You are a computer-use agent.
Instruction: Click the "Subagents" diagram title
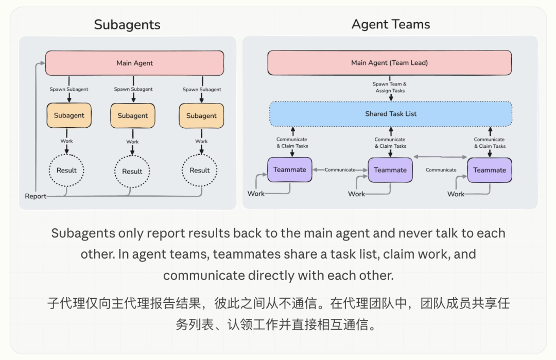click(x=127, y=25)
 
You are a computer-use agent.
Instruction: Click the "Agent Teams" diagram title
click(x=391, y=24)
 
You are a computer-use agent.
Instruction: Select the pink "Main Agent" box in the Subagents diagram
click(x=134, y=63)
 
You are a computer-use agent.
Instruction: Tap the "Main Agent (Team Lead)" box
click(x=389, y=63)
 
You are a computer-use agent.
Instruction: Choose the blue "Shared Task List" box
click(x=391, y=114)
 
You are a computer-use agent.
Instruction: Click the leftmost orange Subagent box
click(x=69, y=116)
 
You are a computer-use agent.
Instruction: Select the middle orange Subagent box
click(x=132, y=116)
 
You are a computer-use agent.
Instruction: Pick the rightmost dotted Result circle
click(x=200, y=170)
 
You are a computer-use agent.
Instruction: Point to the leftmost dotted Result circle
click(x=66, y=170)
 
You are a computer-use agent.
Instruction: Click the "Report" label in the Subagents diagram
click(x=36, y=196)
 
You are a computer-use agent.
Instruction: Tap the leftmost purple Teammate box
click(x=290, y=170)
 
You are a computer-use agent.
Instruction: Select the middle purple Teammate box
click(x=390, y=170)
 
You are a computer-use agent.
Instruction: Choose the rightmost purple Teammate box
click(x=490, y=170)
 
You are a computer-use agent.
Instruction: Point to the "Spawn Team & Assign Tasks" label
click(x=390, y=88)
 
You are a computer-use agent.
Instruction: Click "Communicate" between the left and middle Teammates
click(x=340, y=170)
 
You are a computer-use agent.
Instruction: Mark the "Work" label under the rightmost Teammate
click(x=456, y=194)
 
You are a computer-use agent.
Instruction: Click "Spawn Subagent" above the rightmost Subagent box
click(x=202, y=90)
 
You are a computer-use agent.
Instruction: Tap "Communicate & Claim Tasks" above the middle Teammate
click(x=390, y=143)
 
